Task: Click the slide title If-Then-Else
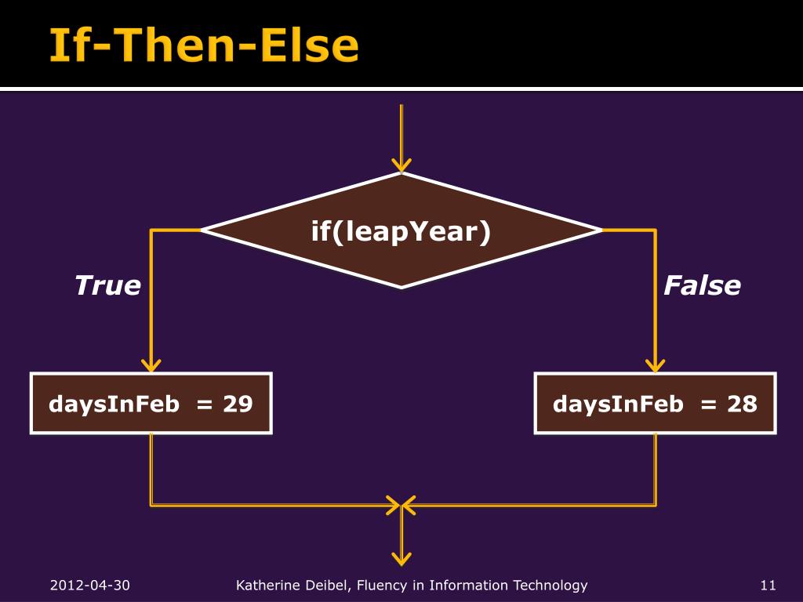pos(204,45)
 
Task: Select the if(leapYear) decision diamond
pos(401,230)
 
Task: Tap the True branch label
pos(108,285)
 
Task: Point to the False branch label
pos(702,285)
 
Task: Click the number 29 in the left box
pos(238,404)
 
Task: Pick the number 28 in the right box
pos(742,404)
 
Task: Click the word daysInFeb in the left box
pos(114,404)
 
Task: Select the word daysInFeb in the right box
pos(618,404)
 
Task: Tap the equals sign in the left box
pos(205,405)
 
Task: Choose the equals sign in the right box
pos(708,405)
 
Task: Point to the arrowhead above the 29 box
pos(151,365)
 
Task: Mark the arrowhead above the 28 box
pos(656,365)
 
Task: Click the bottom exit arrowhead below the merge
pos(401,559)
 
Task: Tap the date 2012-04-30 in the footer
pos(90,585)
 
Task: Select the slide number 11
pos(768,585)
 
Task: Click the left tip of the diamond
pos(202,230)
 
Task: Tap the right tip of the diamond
pos(602,230)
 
